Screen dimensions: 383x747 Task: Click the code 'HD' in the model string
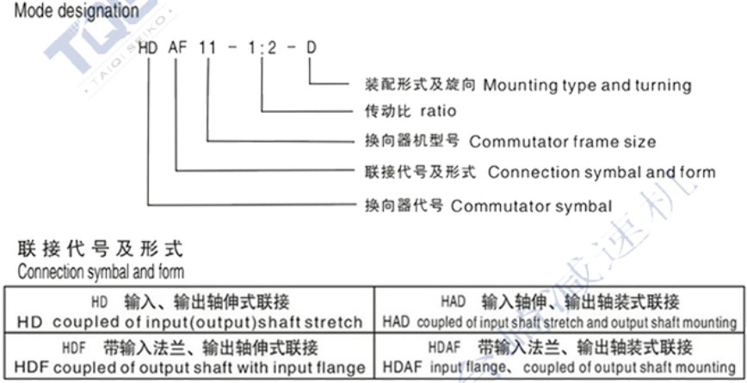pos(147,48)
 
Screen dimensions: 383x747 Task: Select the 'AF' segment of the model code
pos(178,48)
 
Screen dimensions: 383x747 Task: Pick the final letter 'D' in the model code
pos(311,48)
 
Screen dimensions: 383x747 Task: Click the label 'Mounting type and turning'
pos(587,85)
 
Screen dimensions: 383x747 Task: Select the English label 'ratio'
pos(437,112)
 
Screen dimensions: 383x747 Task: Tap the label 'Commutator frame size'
pos(562,141)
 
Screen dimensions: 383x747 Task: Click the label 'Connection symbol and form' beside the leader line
pos(601,172)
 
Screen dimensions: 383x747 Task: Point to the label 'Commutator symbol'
pos(531,206)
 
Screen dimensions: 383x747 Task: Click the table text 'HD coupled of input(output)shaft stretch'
pos(189,323)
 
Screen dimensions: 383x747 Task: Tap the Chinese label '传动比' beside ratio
pos(387,112)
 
